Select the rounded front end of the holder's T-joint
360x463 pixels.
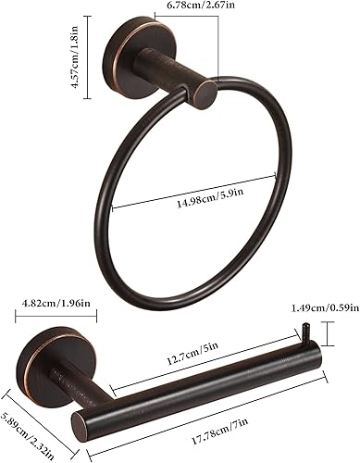pos(83,426)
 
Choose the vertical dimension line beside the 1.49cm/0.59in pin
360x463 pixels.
pos(323,332)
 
